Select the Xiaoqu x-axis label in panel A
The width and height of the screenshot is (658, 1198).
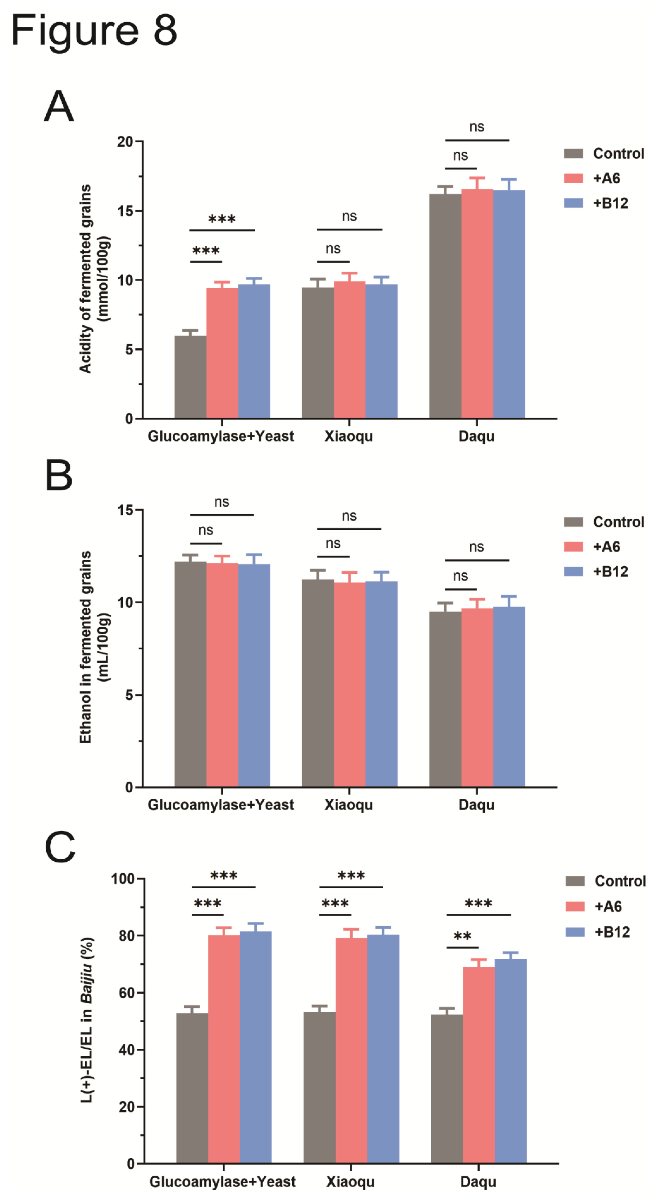click(349, 436)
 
